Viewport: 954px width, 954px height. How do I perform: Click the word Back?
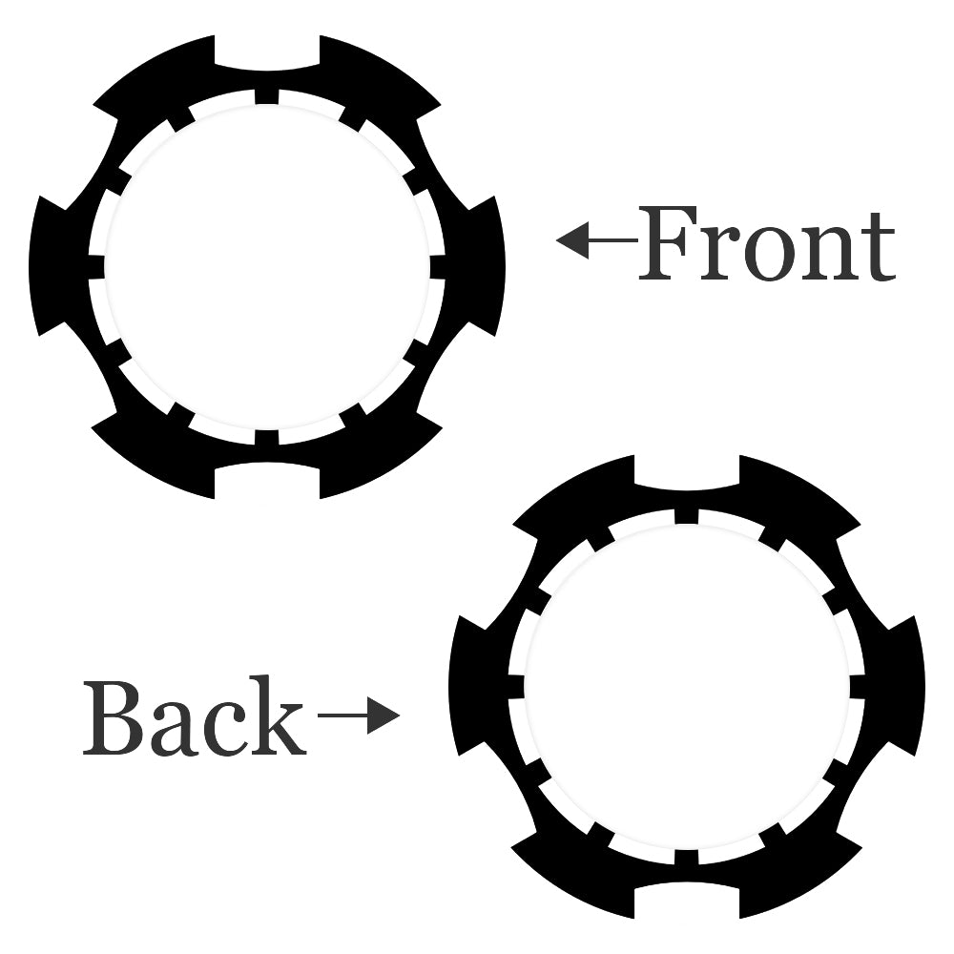point(194,717)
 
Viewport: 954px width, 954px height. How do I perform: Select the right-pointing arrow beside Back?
point(359,715)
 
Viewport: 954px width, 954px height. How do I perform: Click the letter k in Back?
point(278,717)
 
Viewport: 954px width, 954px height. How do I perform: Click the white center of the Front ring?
point(266,267)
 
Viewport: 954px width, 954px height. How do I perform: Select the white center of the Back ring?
point(686,687)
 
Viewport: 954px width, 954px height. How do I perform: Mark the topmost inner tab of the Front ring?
point(266,96)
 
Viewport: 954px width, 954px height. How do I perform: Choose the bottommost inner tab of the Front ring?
point(266,438)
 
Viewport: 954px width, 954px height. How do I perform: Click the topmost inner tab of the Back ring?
point(686,516)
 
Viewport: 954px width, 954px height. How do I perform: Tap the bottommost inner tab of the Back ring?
point(686,858)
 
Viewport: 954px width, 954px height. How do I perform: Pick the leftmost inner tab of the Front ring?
point(95,267)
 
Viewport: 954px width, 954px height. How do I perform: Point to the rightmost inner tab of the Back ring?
point(857,687)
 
